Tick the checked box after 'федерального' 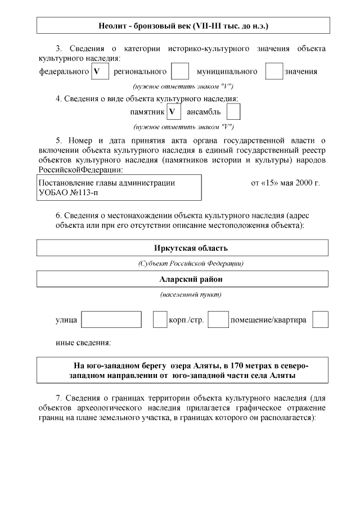[100, 71]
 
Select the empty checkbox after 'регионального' [180, 71]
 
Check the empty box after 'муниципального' [274, 71]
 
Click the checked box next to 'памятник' [174, 112]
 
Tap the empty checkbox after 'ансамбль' [233, 112]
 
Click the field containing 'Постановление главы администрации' [119, 187]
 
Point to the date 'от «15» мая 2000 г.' [285, 183]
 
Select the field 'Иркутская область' [183, 248]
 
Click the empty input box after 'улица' [111, 319]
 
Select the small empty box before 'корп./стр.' [160, 319]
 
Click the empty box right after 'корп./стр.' [218, 319]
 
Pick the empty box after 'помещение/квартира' [321, 319]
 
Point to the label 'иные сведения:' [83, 343]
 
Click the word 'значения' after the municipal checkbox [301, 72]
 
